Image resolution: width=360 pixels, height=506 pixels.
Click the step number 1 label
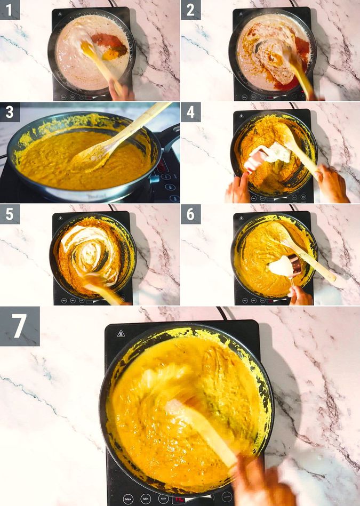(10, 10)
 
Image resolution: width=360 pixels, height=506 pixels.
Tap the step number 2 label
(190, 10)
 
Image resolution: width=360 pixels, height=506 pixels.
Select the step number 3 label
(10, 112)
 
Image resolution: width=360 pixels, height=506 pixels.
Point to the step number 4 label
(190, 112)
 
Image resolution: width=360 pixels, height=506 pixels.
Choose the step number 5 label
(10, 214)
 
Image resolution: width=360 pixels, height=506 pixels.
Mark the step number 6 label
(190, 214)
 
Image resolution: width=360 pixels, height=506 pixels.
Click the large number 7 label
(20, 326)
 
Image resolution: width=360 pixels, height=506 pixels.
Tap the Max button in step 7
(128, 499)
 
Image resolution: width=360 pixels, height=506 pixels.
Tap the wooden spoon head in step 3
(91, 155)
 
